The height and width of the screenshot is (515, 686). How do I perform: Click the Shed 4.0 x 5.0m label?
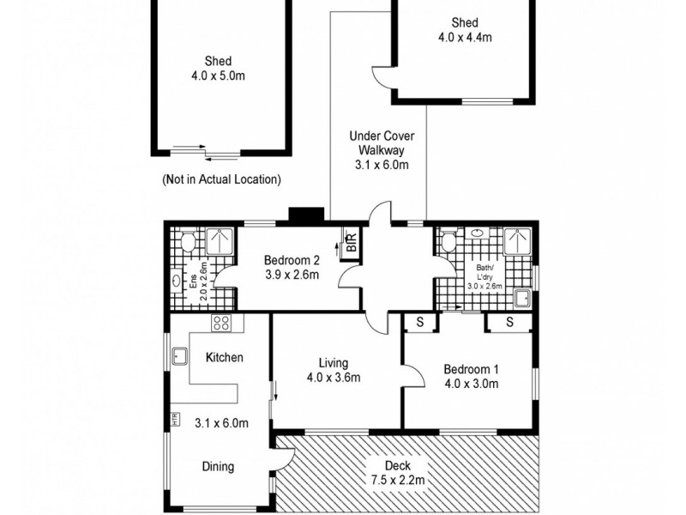point(218,69)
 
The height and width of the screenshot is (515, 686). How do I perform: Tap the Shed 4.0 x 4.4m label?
point(464,30)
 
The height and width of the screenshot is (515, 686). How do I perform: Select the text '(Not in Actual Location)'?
point(221,180)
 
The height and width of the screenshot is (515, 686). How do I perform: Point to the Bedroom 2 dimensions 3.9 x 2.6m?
point(292,276)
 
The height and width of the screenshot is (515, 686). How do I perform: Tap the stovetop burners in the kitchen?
point(221,324)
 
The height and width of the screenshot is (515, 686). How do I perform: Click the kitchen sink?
point(181,355)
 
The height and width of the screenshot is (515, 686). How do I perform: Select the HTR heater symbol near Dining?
point(175,420)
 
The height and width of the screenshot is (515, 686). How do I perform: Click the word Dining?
point(218,467)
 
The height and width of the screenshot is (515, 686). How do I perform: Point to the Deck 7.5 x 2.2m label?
point(397,473)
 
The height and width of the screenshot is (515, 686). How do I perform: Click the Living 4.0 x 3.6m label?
point(332,370)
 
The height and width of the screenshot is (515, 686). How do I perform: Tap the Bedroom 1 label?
point(470,376)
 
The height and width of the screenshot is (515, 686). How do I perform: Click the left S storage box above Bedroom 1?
point(420,322)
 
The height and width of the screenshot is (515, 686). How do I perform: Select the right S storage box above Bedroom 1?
point(508,322)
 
